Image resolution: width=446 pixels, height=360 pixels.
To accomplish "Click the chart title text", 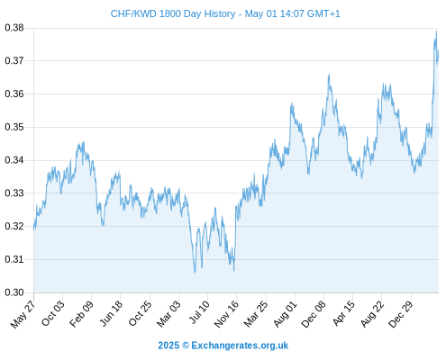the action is click(x=225, y=13).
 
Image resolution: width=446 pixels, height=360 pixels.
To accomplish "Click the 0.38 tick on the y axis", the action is click(x=14, y=28).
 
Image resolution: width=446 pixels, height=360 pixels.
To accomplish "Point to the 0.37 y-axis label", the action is click(x=14, y=61).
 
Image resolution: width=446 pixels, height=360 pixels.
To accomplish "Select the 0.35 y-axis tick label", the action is click(x=14, y=127).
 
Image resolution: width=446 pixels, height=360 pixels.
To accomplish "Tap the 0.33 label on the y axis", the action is click(x=14, y=193).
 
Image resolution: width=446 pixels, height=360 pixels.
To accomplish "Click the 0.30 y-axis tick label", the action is click(x=14, y=292).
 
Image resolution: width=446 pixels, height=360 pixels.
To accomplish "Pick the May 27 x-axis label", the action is click(x=23, y=314).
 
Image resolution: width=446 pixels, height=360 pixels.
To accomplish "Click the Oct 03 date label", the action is click(x=53, y=313).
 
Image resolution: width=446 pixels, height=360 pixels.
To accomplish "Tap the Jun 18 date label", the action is click(x=111, y=313).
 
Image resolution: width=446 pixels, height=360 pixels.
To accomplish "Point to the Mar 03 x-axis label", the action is click(x=168, y=314).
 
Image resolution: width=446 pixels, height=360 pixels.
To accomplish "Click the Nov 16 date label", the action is click(x=226, y=314).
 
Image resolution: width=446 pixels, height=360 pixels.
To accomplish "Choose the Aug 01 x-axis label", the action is click(x=285, y=314).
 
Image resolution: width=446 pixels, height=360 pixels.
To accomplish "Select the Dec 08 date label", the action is click(x=314, y=314).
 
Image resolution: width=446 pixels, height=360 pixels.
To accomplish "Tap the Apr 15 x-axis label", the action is click(x=343, y=313).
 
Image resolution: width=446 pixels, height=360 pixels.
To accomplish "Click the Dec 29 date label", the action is click(x=401, y=314).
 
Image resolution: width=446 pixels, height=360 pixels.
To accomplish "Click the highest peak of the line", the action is click(x=436, y=31).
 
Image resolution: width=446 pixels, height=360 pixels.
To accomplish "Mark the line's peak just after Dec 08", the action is click(x=329, y=74).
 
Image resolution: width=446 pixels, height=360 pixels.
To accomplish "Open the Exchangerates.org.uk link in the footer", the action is click(x=240, y=346).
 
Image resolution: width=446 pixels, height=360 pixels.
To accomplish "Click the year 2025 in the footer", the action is click(x=168, y=346).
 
